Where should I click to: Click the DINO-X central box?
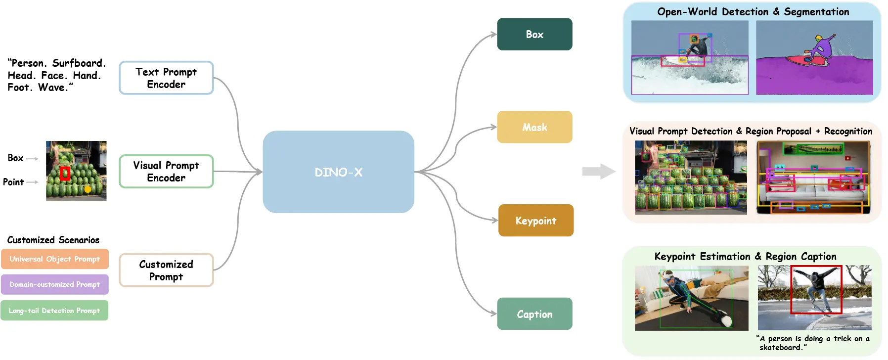[338, 172]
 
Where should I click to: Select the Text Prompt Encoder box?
[166, 78]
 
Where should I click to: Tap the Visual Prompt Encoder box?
[166, 171]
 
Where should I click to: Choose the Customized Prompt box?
[166, 270]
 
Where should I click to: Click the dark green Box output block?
[534, 34]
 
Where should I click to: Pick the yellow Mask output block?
[534, 127]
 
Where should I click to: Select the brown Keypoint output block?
[536, 221]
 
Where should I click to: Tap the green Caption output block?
[534, 314]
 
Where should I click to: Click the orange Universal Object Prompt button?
[54, 259]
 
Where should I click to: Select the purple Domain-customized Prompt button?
[54, 284]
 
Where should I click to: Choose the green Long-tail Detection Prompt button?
[54, 311]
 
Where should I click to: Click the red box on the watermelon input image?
[65, 173]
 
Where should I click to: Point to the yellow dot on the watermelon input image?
[88, 189]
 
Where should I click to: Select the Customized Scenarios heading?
[53, 240]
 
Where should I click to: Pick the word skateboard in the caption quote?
[781, 348]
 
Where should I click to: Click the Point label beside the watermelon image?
[13, 182]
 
